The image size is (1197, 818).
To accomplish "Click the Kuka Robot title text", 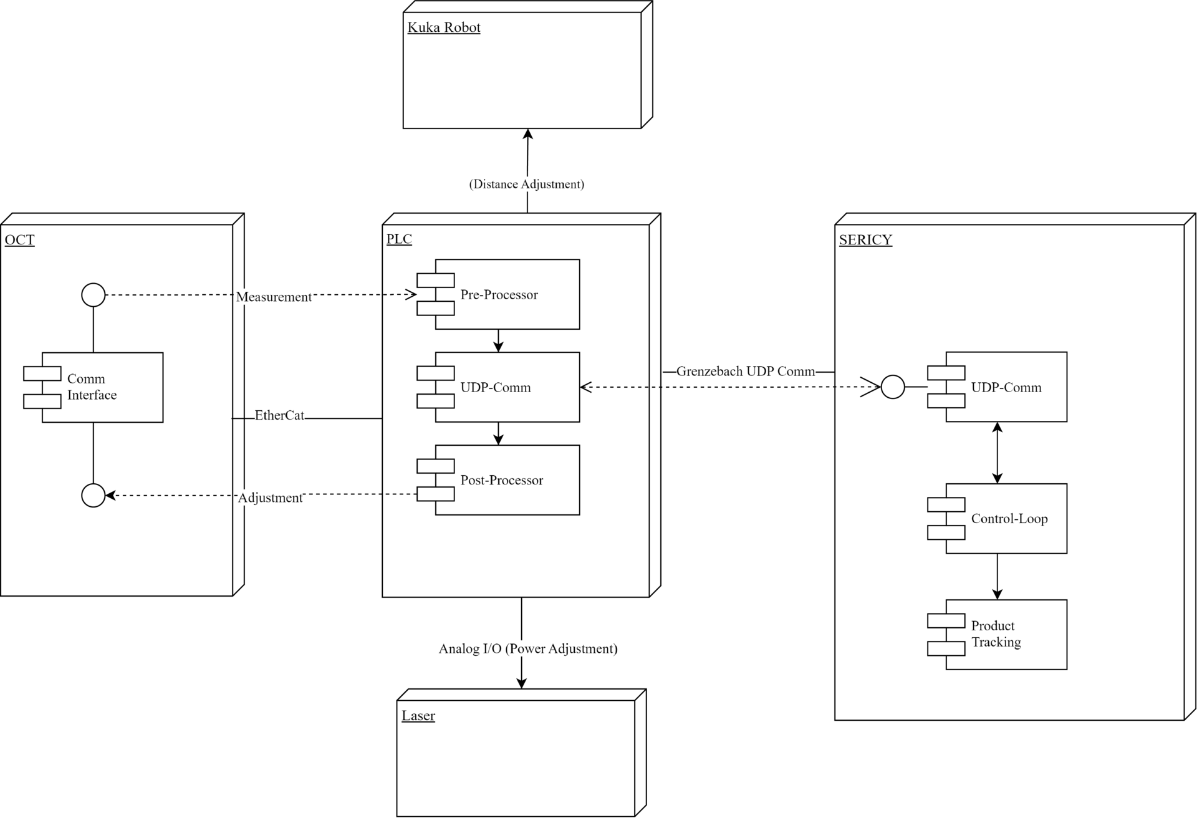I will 443,27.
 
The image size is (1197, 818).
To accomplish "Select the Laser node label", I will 418,716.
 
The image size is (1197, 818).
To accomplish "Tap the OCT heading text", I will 19,240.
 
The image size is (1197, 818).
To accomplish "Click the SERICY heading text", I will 865,240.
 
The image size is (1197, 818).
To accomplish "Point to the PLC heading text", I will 399,239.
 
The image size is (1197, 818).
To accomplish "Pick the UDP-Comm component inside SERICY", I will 1005,387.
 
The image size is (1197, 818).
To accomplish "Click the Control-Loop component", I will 1005,519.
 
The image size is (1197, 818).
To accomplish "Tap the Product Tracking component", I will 1005,635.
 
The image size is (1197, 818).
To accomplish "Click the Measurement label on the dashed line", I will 274,297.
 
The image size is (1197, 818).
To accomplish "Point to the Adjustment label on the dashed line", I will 270,498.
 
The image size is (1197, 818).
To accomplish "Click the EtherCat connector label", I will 279,416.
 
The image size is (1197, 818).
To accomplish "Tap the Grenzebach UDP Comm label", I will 745,372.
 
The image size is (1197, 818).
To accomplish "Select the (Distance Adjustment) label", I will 526,185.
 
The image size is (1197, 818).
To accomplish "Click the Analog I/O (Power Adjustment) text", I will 527,649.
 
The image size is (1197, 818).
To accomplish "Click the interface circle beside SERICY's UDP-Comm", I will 892,387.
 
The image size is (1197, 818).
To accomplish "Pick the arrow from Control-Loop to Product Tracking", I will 997,577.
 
